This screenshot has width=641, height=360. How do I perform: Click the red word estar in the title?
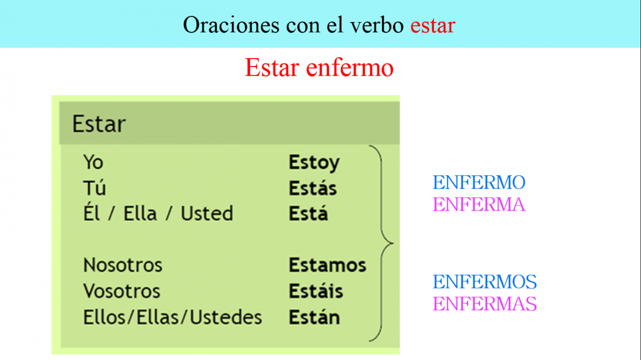click(x=433, y=25)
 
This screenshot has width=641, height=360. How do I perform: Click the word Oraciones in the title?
click(x=231, y=25)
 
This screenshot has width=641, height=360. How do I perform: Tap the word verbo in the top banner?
click(x=377, y=25)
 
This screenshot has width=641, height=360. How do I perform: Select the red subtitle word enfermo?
click(x=350, y=68)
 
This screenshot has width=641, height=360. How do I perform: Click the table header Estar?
click(x=99, y=124)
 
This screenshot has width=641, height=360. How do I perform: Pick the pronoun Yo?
click(x=93, y=162)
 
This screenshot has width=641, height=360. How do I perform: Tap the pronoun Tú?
click(x=95, y=187)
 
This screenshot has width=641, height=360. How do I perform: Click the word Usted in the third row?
click(x=207, y=213)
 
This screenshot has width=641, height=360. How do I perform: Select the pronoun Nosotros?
click(x=123, y=265)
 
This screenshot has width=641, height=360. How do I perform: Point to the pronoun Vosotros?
click(x=122, y=291)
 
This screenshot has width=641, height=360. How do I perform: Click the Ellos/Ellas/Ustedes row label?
click(x=173, y=317)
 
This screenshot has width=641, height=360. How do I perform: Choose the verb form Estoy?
click(x=314, y=163)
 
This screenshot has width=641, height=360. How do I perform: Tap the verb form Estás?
click(x=313, y=187)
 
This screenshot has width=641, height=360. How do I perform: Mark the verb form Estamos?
click(x=328, y=265)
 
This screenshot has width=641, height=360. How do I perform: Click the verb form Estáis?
click(x=316, y=290)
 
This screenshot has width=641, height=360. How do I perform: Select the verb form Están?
click(x=314, y=317)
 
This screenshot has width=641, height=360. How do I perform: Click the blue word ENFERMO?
click(x=479, y=182)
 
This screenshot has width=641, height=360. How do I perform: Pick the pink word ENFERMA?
click(x=479, y=204)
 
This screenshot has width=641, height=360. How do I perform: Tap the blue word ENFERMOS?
click(x=485, y=281)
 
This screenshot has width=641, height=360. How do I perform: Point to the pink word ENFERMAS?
click(x=485, y=303)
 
